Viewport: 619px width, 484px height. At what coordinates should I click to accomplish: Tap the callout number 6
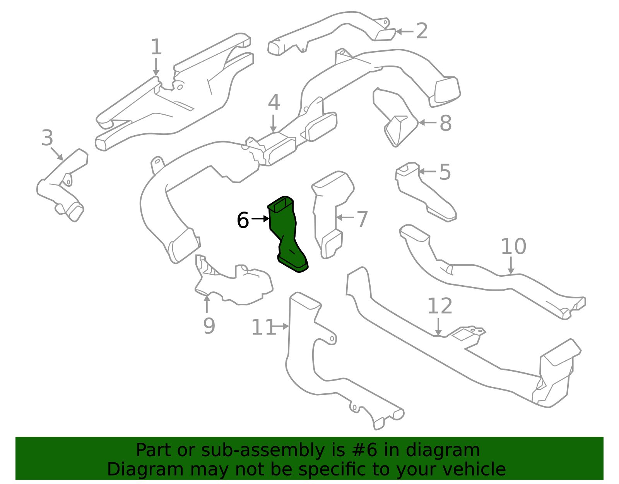click(243, 220)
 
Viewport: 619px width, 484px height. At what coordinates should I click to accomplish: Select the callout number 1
click(156, 47)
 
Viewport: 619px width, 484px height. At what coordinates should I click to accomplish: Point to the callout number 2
click(422, 31)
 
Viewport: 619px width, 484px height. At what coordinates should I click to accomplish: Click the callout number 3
click(47, 138)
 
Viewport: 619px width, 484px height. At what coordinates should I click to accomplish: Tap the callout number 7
click(362, 219)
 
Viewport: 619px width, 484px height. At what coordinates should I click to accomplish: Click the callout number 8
click(446, 123)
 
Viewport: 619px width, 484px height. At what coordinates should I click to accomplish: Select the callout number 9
click(209, 326)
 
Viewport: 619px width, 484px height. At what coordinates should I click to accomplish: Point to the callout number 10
click(513, 246)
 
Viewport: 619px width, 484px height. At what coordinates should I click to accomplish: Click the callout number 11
click(263, 327)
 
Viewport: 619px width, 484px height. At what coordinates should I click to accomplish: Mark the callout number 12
click(440, 306)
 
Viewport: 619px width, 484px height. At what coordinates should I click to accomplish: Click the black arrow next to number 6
click(260, 219)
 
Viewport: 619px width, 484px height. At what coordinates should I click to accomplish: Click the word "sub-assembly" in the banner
click(263, 450)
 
